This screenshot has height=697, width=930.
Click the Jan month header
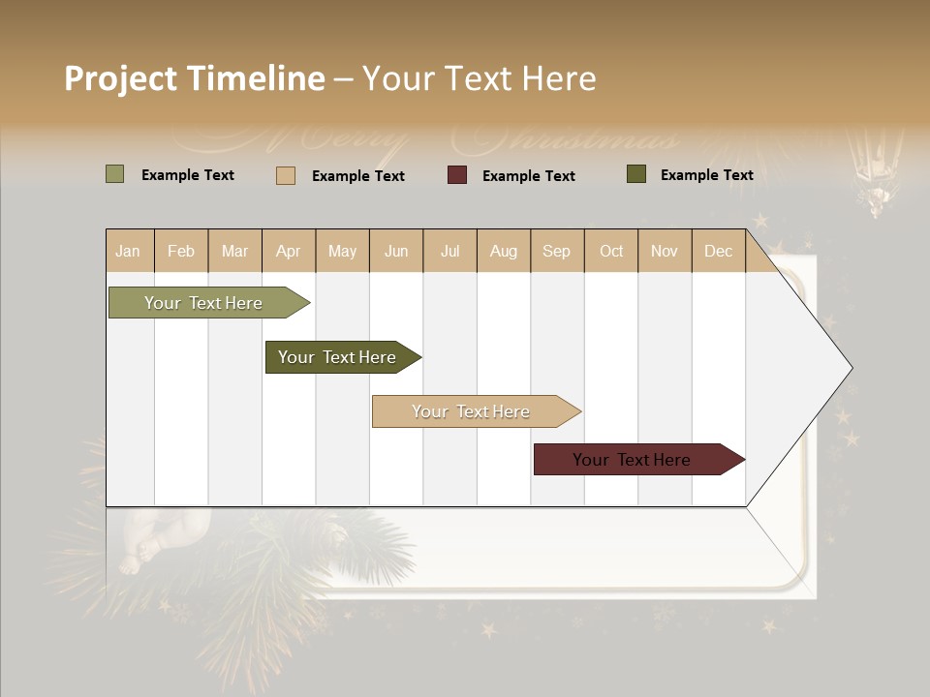point(129,252)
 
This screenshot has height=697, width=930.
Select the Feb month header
point(181,252)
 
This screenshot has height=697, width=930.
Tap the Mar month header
point(234,252)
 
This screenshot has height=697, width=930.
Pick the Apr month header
point(289,252)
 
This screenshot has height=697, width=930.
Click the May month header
point(342,252)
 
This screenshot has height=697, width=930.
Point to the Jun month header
point(396,252)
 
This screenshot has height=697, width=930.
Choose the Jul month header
point(449,252)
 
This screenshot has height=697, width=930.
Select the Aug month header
point(504,252)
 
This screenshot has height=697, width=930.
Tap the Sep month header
point(557,252)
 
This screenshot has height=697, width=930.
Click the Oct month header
point(611,252)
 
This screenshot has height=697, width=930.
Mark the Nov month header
point(665,252)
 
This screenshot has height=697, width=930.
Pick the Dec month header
point(718,252)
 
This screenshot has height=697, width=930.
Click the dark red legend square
point(457,175)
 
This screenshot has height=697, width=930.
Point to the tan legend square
point(286,175)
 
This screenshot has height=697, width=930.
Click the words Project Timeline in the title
point(194,78)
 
